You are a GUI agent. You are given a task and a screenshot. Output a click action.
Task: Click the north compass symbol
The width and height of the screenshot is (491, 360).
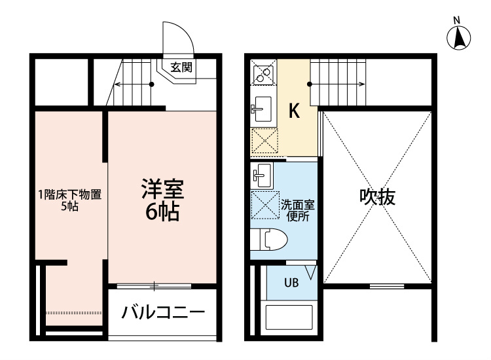[x=458, y=37]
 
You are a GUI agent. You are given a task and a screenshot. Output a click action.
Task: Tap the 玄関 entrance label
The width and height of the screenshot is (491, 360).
[x=181, y=67]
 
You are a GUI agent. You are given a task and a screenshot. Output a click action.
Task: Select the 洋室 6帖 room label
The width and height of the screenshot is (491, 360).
[x=162, y=200]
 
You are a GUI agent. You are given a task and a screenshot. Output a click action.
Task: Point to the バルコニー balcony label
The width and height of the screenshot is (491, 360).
[x=163, y=312]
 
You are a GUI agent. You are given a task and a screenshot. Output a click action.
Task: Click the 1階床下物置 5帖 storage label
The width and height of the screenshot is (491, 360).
[x=70, y=200]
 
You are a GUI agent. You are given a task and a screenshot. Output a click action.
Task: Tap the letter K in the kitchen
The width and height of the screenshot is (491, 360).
[x=294, y=111]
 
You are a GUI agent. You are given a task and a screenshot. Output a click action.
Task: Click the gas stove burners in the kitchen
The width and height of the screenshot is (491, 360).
[x=263, y=72]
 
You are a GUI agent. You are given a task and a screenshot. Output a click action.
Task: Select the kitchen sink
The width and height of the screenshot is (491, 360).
[x=263, y=109]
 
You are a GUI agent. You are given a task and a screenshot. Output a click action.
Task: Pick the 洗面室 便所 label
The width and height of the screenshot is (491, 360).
[x=297, y=211]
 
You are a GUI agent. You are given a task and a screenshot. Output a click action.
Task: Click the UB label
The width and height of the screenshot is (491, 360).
[x=291, y=283]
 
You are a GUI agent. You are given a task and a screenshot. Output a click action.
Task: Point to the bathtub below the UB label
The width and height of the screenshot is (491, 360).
[x=289, y=317]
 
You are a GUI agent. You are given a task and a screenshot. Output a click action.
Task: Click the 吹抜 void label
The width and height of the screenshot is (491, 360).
[x=377, y=197]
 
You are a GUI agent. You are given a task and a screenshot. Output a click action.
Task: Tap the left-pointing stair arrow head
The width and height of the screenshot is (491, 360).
[x=117, y=84]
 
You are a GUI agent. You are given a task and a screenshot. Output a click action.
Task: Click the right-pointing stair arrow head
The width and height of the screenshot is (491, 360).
[x=362, y=84]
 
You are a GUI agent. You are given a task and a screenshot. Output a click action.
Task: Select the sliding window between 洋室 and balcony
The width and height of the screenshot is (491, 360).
[x=154, y=286]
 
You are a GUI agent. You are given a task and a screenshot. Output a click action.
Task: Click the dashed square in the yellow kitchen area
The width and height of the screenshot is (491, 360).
[x=264, y=141]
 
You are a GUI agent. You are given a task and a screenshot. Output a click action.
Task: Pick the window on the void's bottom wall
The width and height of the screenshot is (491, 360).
[x=387, y=286]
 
